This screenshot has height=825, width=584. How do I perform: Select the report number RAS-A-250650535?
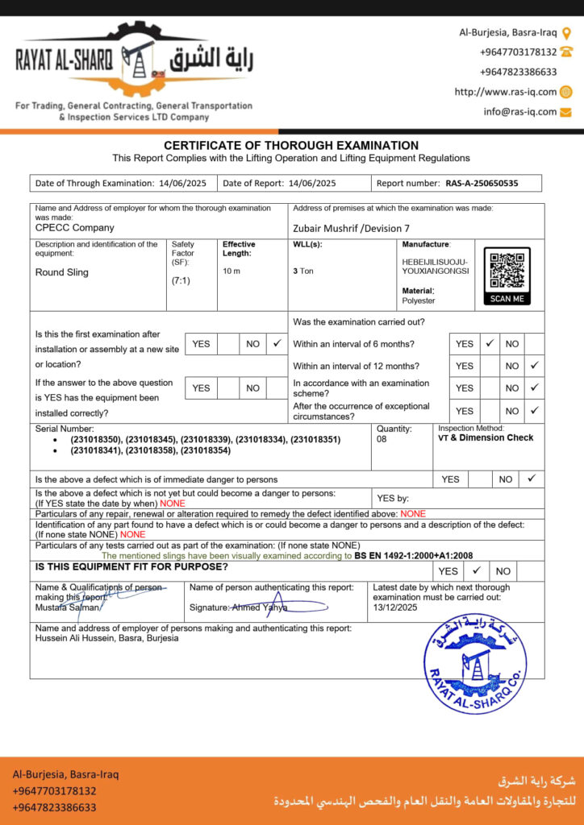pyautogui.click(x=482, y=183)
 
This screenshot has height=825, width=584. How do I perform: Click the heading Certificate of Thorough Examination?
pyautogui.click(x=291, y=146)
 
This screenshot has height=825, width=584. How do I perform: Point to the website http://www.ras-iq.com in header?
pyautogui.click(x=506, y=92)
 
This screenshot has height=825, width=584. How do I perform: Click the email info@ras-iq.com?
pyautogui.click(x=520, y=112)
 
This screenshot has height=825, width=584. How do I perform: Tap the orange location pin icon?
pyautogui.click(x=566, y=33)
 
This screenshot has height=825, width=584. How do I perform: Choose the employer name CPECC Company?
pyautogui.click(x=75, y=228)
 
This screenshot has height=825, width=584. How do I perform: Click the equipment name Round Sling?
pyautogui.click(x=62, y=272)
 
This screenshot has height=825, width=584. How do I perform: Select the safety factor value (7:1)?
pyautogui.click(x=181, y=281)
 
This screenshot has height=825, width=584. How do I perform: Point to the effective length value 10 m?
pyautogui.click(x=232, y=272)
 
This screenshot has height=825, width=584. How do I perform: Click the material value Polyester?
pyautogui.click(x=418, y=301)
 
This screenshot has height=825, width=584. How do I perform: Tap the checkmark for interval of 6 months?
pyautogui.click(x=489, y=343)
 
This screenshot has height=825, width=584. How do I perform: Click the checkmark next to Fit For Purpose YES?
pyautogui.click(x=476, y=570)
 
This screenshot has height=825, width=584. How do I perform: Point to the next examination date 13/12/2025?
pyautogui.click(x=396, y=607)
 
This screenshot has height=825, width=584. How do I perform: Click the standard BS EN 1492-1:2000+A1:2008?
pyautogui.click(x=413, y=555)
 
